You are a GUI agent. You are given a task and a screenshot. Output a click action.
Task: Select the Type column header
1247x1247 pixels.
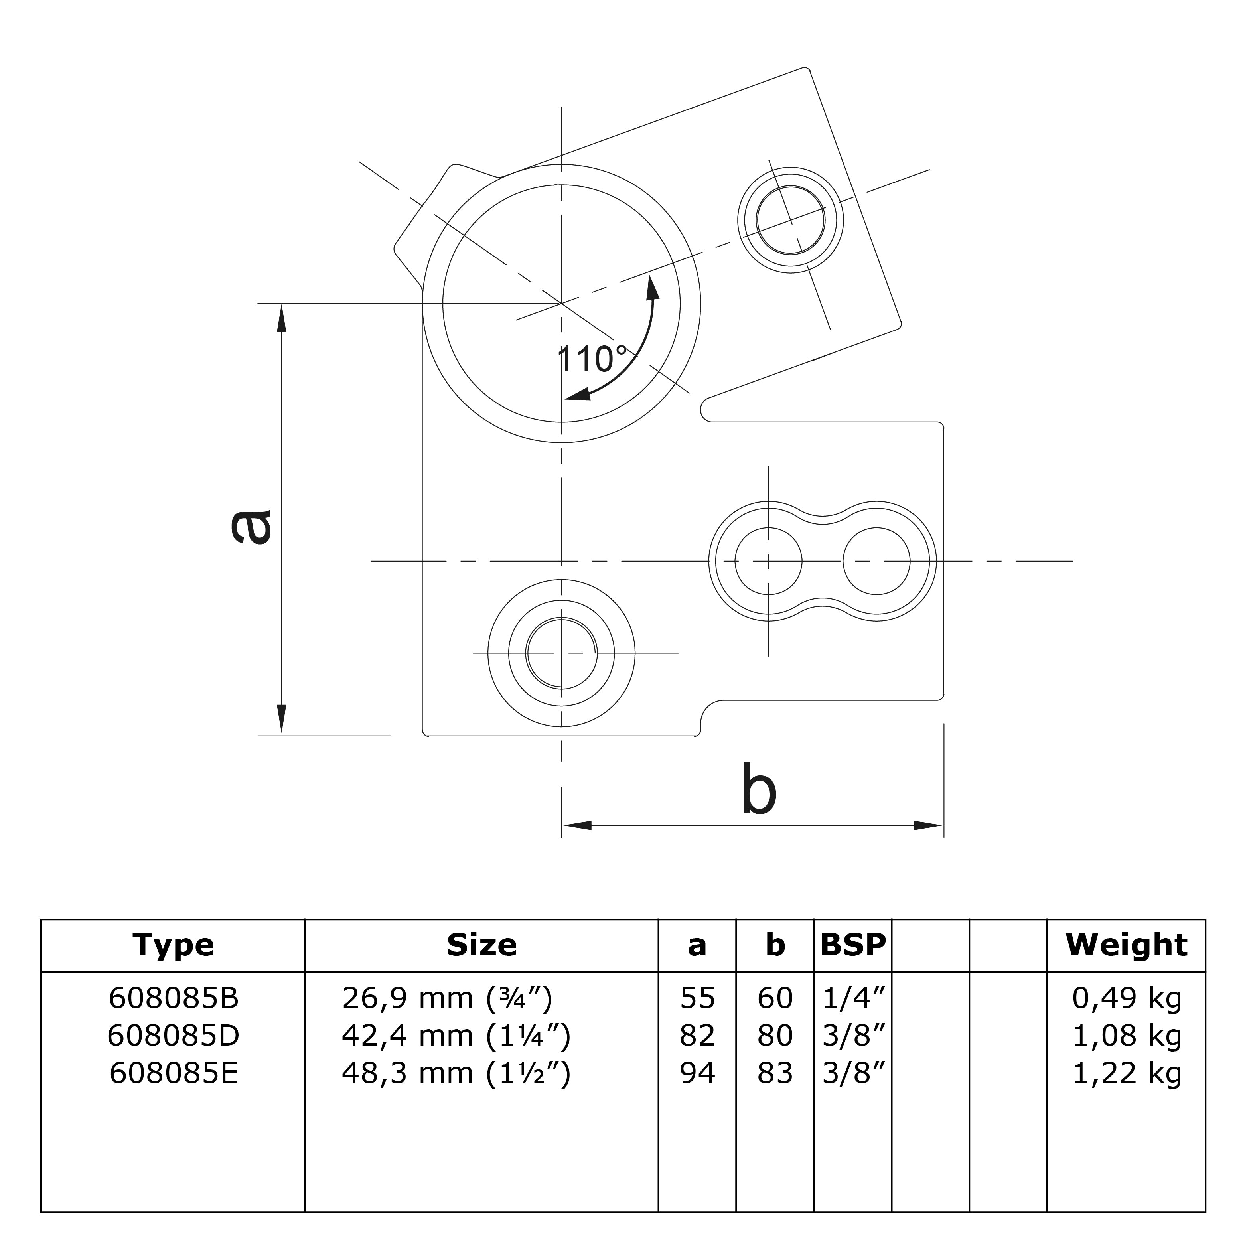(173, 945)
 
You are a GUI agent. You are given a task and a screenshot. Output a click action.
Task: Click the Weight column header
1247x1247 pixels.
(1126, 945)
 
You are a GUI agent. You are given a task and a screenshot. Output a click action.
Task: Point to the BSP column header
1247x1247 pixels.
(852, 945)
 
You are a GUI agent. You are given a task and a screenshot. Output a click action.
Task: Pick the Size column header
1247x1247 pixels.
(481, 945)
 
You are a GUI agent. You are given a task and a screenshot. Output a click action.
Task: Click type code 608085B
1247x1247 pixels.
(174, 998)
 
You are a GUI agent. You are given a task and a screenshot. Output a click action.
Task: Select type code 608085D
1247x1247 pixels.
(174, 1036)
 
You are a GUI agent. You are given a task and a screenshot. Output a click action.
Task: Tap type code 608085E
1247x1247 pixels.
(174, 1073)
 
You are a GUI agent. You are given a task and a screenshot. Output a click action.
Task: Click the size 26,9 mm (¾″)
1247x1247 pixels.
(447, 998)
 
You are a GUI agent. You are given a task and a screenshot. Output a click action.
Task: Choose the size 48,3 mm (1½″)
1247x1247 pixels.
(456, 1073)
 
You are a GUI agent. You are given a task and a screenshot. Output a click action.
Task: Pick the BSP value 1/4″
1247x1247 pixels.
(852, 998)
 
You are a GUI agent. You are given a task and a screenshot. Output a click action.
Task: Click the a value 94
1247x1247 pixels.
(697, 1073)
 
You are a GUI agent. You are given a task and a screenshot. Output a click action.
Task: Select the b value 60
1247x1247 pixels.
(775, 998)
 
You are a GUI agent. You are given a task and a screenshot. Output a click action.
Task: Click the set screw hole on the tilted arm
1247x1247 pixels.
(791, 219)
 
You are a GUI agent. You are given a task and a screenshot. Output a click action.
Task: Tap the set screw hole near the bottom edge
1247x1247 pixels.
(561, 653)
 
